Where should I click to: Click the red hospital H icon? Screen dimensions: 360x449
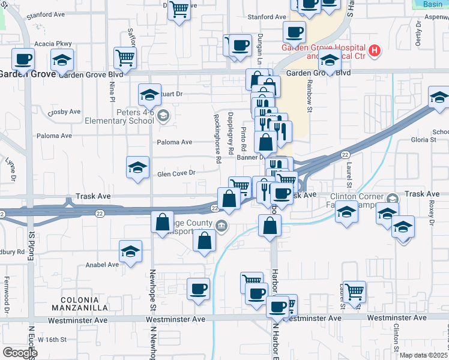[375, 49]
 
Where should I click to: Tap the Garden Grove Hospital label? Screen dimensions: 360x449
[324, 48]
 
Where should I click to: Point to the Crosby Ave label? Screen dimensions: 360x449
[65, 112]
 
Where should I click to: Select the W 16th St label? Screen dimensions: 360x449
[52, 339]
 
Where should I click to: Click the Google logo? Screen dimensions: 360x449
[19, 353]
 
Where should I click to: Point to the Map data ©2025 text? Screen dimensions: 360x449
[423, 355]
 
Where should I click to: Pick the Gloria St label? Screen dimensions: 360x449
[424, 139]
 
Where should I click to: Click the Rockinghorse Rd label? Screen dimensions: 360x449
[218, 138]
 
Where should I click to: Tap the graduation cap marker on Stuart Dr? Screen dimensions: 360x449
[149, 94]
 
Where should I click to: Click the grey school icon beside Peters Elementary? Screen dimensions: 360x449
[163, 116]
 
